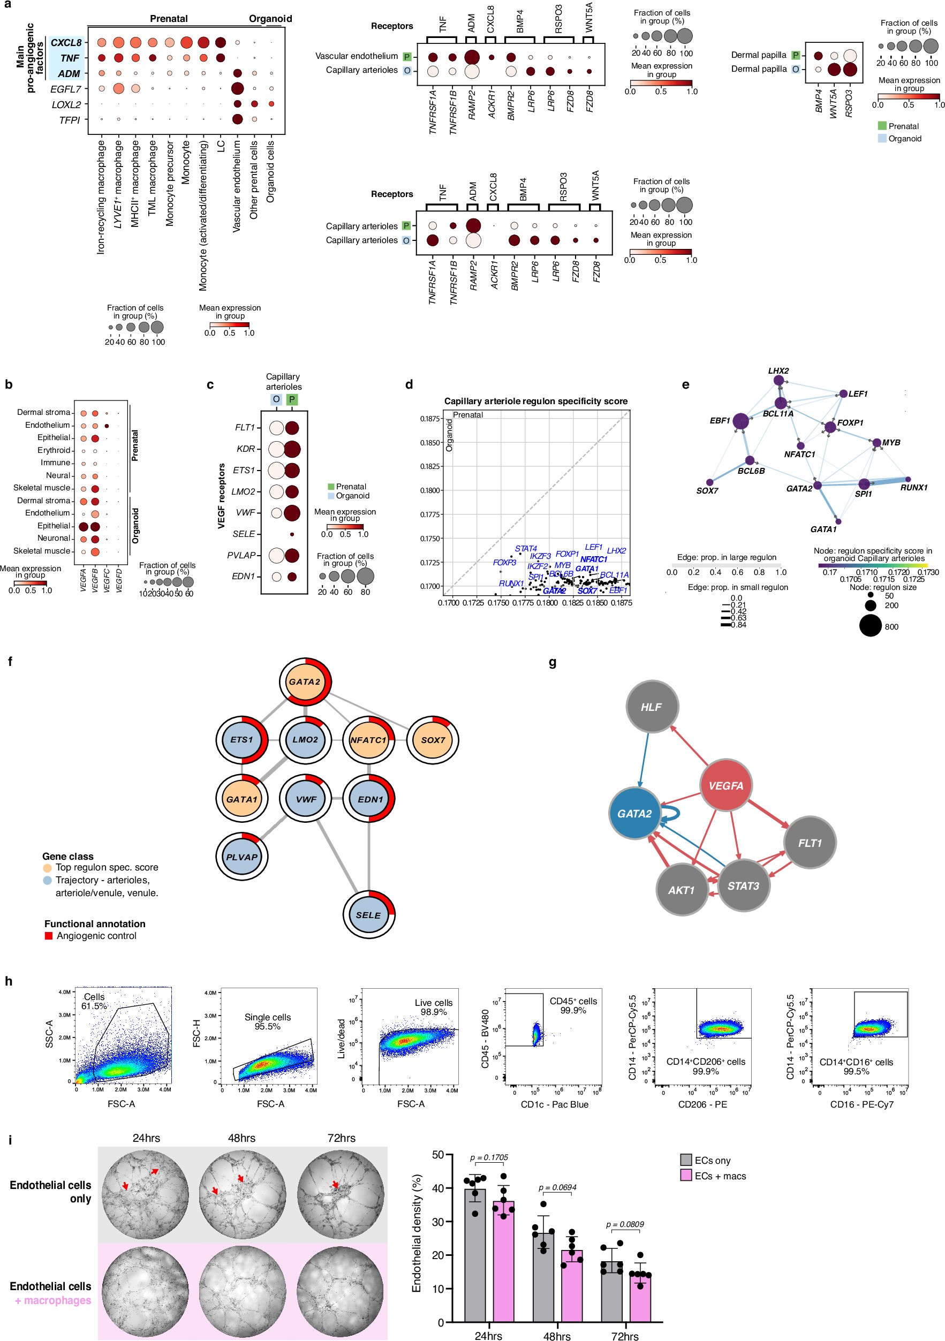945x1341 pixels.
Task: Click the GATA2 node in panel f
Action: click(x=305, y=681)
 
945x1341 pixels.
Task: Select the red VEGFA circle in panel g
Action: click(x=725, y=785)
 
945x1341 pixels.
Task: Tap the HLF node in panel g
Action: click(x=651, y=707)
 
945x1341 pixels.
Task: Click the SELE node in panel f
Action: click(x=368, y=915)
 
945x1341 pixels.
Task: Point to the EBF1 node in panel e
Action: click(x=740, y=421)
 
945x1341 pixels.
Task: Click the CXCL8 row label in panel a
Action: click(x=65, y=43)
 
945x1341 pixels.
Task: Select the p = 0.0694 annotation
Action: click(x=557, y=1187)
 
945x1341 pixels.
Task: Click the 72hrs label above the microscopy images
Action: click(x=341, y=1138)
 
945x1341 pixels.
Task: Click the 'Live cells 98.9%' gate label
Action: click(x=433, y=1007)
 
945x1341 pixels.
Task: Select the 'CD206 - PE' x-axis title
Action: click(x=702, y=1104)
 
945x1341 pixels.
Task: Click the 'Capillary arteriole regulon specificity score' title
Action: click(x=535, y=401)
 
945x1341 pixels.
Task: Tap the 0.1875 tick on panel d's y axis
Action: click(x=430, y=419)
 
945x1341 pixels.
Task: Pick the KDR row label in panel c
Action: click(x=246, y=449)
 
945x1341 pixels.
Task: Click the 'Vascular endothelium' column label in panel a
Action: click(x=237, y=186)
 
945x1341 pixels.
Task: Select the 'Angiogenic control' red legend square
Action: click(x=49, y=936)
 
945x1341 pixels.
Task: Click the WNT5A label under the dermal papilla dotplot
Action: click(x=834, y=103)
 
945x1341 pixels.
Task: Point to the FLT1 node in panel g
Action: click(x=810, y=843)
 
